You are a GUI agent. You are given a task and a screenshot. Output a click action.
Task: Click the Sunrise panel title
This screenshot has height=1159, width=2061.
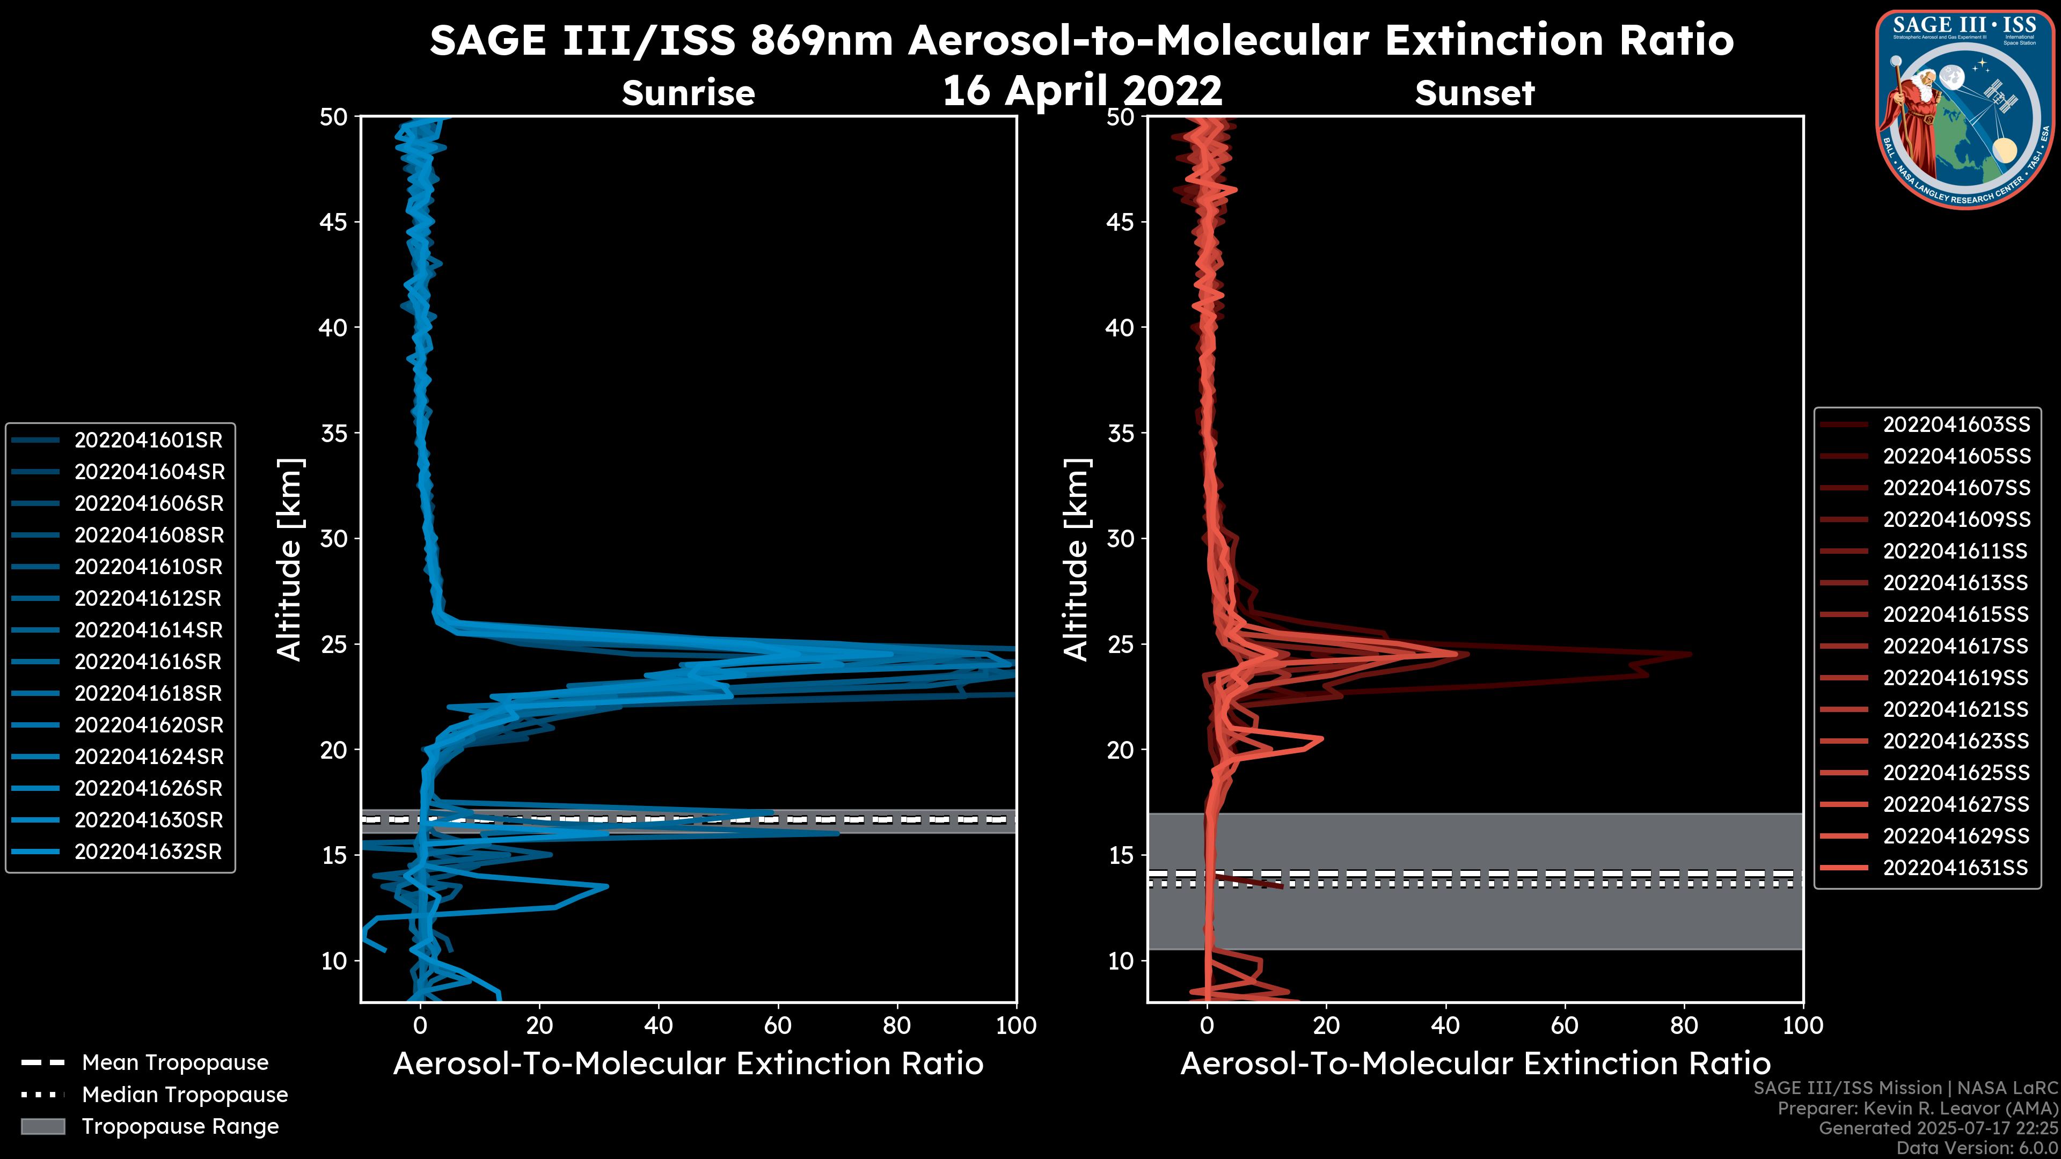[688, 93]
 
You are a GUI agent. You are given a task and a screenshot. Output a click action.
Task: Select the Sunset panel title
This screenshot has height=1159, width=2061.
[1474, 93]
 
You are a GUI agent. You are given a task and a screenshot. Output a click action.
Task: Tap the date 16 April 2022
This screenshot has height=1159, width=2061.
[1081, 90]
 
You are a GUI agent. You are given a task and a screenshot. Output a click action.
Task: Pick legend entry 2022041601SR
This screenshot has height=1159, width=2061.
[148, 440]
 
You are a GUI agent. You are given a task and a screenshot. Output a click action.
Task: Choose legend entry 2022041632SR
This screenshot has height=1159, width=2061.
[148, 852]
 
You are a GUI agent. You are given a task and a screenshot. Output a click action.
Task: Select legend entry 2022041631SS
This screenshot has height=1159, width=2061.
[1956, 868]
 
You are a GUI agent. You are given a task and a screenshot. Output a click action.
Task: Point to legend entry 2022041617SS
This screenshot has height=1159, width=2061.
[1956, 646]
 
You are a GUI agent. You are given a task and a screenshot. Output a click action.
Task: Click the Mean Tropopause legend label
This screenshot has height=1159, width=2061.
[175, 1063]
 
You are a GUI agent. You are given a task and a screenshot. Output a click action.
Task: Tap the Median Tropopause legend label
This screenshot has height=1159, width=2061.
[185, 1095]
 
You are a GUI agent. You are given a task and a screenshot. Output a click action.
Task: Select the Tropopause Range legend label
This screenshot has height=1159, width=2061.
[180, 1127]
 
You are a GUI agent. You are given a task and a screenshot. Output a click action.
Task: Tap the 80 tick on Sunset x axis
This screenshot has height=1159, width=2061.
[1683, 1025]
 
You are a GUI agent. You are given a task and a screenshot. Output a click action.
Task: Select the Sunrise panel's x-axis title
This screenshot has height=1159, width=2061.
[688, 1064]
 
